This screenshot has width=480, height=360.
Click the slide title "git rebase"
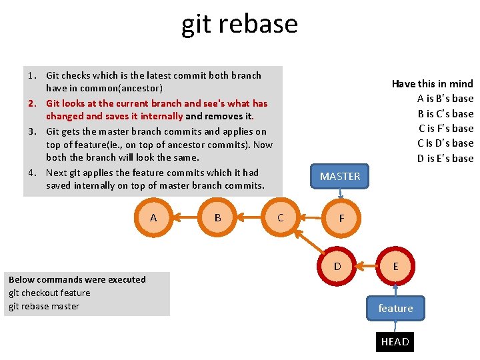(x=239, y=24)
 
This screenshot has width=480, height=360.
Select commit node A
(x=153, y=217)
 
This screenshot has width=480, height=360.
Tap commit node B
(x=217, y=217)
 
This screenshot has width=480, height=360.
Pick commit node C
(x=280, y=217)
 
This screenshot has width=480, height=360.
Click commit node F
(x=341, y=218)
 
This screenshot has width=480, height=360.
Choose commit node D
(x=337, y=266)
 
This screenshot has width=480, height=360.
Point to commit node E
(x=395, y=266)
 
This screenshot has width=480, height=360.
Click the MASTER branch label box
(x=339, y=176)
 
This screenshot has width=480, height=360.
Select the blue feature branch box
(x=395, y=308)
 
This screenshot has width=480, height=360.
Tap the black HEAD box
(x=395, y=341)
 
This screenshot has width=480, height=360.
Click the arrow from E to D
(x=367, y=266)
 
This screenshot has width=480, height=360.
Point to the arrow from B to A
(x=185, y=217)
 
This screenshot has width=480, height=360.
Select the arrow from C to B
(x=249, y=217)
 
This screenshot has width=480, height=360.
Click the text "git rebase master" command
(x=44, y=306)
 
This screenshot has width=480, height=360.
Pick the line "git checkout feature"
(x=49, y=293)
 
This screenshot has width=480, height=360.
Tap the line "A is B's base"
(x=445, y=99)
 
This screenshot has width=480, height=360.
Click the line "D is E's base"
(x=445, y=158)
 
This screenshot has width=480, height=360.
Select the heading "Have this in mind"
(x=432, y=83)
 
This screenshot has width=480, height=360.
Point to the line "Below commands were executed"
(x=77, y=279)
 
